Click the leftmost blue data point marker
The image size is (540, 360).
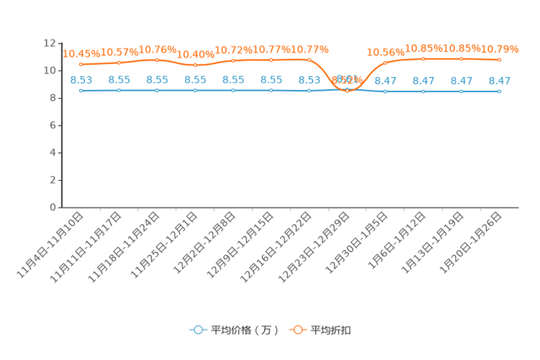[x=81, y=91]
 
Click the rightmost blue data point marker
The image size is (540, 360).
[x=499, y=91]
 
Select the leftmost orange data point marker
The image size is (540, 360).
[x=81, y=65]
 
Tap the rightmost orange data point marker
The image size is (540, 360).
[x=499, y=60]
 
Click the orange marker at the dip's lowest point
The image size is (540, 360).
[x=347, y=91]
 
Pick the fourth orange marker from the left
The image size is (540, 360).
[x=195, y=65]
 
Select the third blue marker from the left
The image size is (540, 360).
[x=157, y=91]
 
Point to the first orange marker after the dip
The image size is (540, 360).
[x=385, y=63]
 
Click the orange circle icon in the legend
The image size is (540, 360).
[x=297, y=330]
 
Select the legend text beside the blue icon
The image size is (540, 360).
[x=244, y=330]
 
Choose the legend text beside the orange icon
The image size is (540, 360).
[x=332, y=330]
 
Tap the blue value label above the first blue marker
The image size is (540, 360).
[x=81, y=79]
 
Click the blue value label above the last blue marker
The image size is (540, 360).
[x=499, y=80]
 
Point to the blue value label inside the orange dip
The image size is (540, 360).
[x=348, y=78]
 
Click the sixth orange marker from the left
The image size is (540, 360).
[x=271, y=60]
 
